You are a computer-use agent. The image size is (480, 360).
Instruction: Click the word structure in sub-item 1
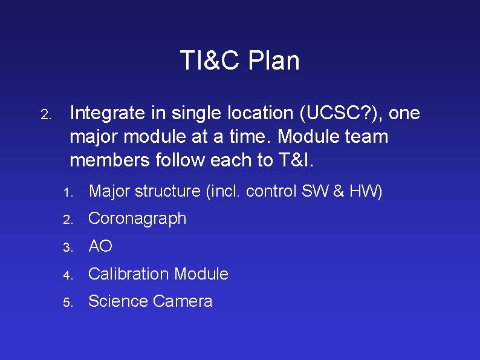tap(168, 191)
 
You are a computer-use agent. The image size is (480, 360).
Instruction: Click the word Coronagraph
tap(137, 218)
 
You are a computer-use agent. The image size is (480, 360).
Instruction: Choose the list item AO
tap(100, 246)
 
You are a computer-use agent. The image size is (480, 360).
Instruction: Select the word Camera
tap(183, 301)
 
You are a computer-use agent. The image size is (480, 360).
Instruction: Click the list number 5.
tap(67, 302)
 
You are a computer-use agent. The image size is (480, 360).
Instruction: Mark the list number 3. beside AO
tap(67, 247)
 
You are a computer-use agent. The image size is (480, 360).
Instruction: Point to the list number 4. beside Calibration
tap(67, 275)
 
